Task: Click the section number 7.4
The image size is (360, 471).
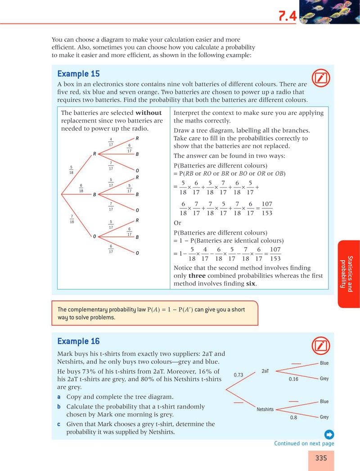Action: pos(288,16)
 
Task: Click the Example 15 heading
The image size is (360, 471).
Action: pos(78,73)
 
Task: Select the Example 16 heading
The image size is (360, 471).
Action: pos(78,341)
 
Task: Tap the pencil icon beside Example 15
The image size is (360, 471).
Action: pos(321,78)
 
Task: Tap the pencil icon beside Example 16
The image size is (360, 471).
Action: pos(321,346)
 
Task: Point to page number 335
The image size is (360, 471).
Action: pos(321,458)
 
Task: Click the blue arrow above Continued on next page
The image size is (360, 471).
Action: pos(329,435)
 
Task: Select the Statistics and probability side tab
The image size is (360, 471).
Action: pos(349,274)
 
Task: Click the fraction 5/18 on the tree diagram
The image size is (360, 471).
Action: pos(71,170)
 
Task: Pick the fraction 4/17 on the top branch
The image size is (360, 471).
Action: pos(111,142)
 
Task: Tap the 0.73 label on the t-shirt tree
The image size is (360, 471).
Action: pos(238,375)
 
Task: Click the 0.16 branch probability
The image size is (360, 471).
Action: pos(294,379)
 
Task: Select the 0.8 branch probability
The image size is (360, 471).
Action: pos(294,417)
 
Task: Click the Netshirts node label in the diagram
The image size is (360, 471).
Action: pos(265,409)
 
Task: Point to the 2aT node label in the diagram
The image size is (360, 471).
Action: pos(265,371)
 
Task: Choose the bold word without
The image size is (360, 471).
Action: pos(148,113)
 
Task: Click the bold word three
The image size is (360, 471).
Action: pos(197,276)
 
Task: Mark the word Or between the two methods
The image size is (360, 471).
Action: pos(177,223)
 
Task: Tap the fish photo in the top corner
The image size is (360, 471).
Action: pos(329,12)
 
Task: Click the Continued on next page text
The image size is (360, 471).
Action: pos(304,444)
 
